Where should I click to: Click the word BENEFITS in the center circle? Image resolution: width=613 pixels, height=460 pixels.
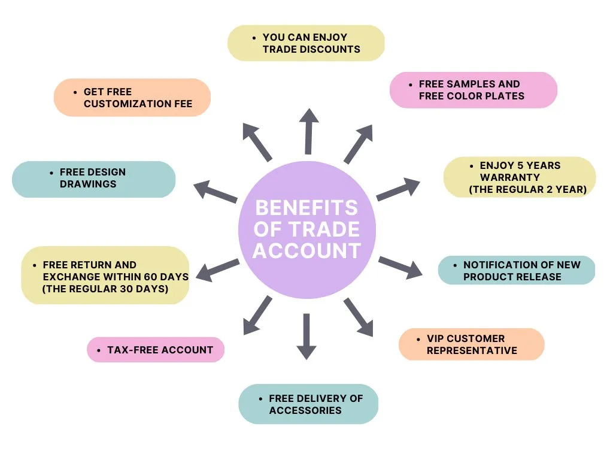click(x=306, y=208)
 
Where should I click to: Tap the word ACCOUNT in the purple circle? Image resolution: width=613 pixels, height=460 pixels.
click(x=306, y=250)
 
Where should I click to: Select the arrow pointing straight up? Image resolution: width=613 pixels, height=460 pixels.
click(x=308, y=132)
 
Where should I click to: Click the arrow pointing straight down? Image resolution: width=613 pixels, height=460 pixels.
click(x=306, y=336)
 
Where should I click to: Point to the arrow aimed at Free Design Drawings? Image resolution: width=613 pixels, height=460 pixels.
click(x=215, y=192)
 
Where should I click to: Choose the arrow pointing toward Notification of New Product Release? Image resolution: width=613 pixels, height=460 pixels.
click(x=400, y=267)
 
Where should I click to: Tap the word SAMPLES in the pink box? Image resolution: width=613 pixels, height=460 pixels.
click(x=470, y=84)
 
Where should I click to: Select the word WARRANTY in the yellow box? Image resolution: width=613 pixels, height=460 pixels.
click(x=510, y=177)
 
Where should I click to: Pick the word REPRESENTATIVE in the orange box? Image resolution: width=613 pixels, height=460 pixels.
click(x=472, y=350)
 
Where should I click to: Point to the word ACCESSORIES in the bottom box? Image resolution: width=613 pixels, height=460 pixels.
click(x=305, y=410)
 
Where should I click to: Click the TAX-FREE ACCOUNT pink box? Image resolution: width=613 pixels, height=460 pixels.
click(x=156, y=350)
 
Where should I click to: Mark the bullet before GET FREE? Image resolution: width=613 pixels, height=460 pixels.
click(x=76, y=92)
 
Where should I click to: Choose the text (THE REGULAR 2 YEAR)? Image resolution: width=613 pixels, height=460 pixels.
click(x=527, y=190)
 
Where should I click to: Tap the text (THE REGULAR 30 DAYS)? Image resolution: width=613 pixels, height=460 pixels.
click(x=105, y=289)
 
